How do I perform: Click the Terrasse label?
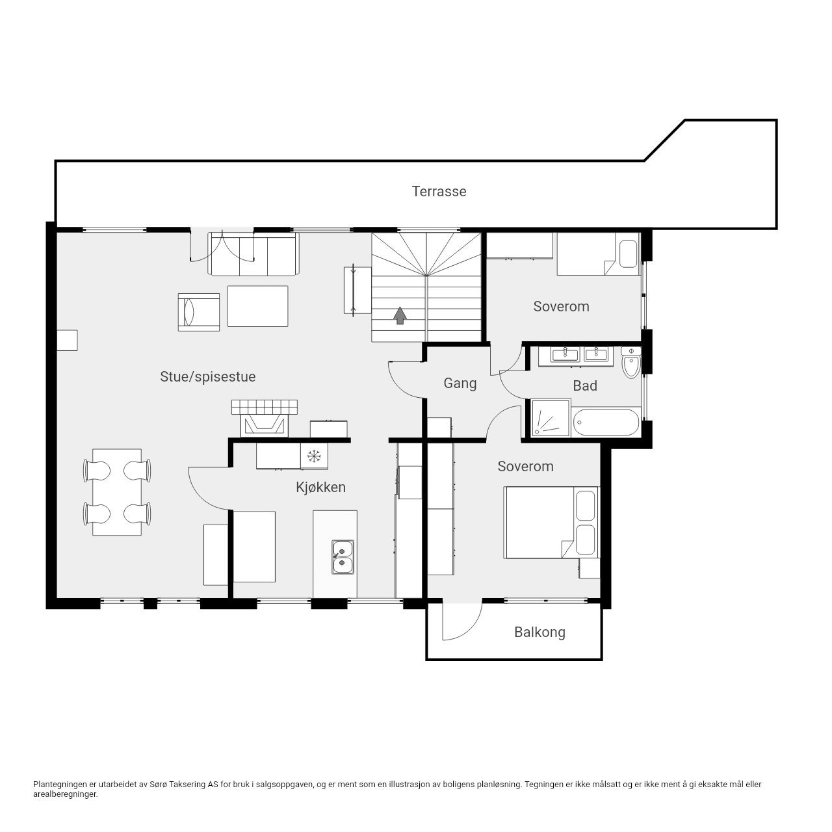click(439, 191)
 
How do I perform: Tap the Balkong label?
click(539, 632)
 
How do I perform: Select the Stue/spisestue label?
click(208, 376)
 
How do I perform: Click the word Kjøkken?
click(320, 487)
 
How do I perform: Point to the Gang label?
click(460, 383)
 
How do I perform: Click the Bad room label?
click(584, 385)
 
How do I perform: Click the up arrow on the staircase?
click(400, 316)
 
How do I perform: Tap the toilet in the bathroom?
click(631, 363)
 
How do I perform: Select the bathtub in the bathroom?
click(606, 422)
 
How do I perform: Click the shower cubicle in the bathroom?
click(551, 418)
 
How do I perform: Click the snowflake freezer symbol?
click(314, 456)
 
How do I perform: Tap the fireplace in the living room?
click(265, 419)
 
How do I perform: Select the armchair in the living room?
click(199, 312)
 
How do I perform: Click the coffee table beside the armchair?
click(258, 306)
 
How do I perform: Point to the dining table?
click(117, 492)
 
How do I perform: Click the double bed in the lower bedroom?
click(551, 523)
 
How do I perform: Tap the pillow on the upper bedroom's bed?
click(628, 254)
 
